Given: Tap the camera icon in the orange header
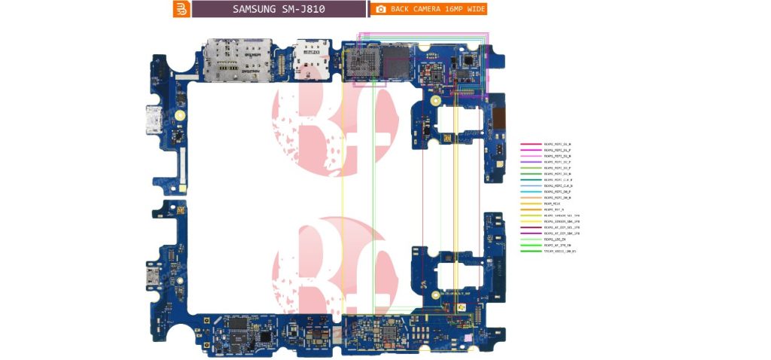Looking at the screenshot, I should pyautogui.click(x=381, y=9).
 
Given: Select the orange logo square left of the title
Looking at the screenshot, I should pyautogui.click(x=181, y=9).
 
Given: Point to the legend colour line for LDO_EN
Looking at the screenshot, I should pyautogui.click(x=530, y=239).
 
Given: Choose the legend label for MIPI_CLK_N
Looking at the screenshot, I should pyautogui.click(x=558, y=186).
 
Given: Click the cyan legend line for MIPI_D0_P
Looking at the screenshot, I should pyautogui.click(x=530, y=192).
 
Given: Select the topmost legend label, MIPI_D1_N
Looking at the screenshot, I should pyautogui.click(x=557, y=144).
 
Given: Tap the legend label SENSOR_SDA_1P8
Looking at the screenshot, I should pyautogui.click(x=562, y=221).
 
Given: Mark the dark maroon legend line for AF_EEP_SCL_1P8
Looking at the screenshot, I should pyautogui.click(x=530, y=227).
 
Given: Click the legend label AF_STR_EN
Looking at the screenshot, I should pyautogui.click(x=557, y=246).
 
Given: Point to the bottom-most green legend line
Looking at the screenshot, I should pyautogui.click(x=530, y=252).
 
